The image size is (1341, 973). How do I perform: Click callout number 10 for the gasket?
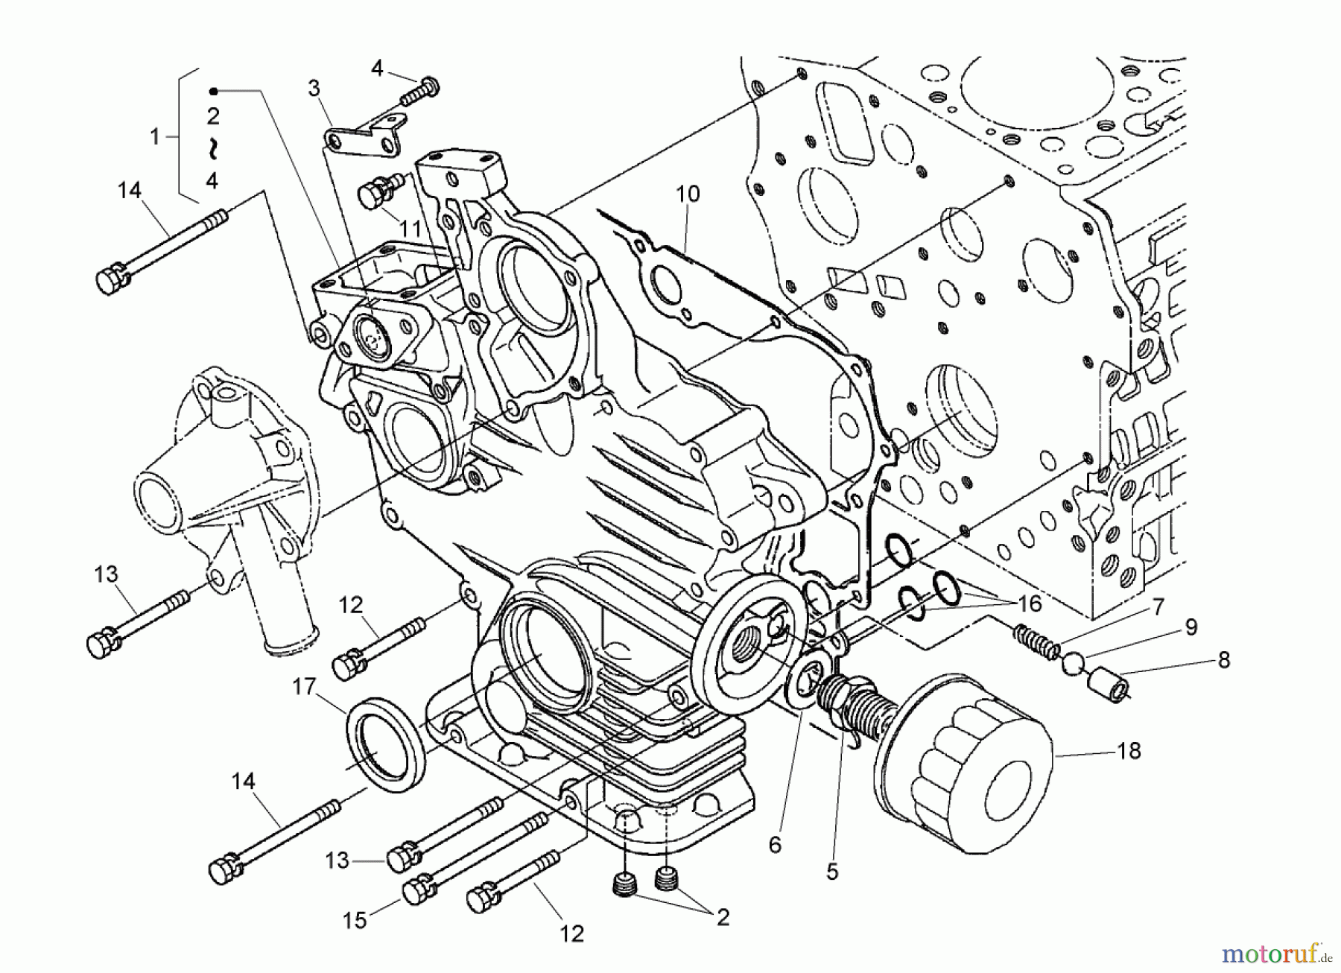pyautogui.click(x=688, y=195)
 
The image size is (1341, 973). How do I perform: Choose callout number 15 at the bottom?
pyautogui.click(x=355, y=920)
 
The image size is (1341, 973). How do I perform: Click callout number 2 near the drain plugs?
pyautogui.click(x=722, y=918)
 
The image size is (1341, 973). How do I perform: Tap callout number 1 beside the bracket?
pyautogui.click(x=155, y=137)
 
